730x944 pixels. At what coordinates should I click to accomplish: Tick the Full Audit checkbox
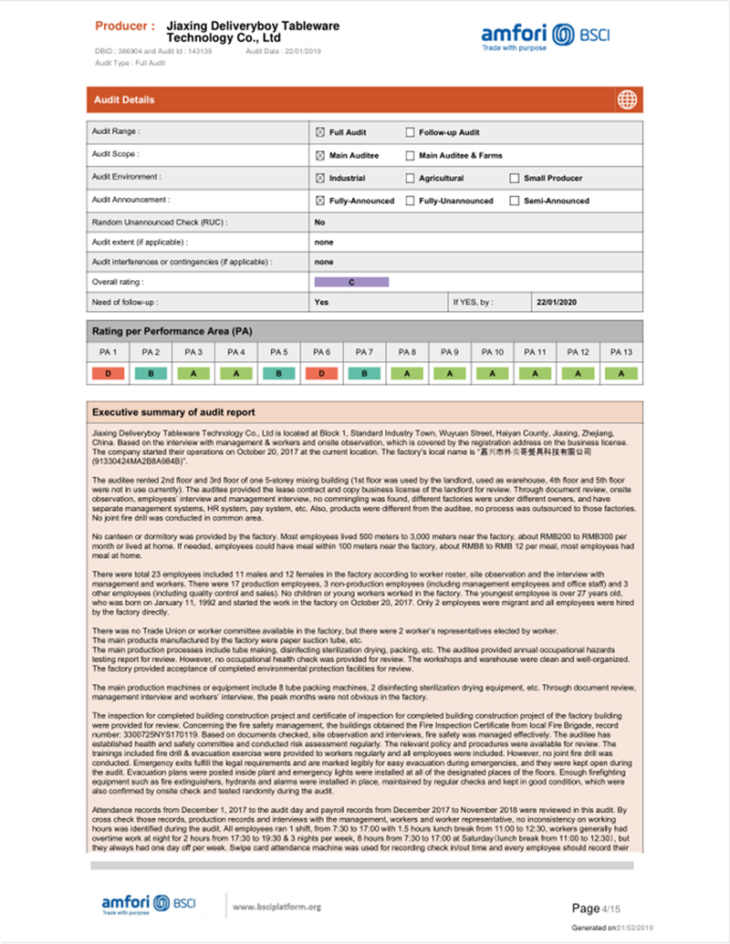pyautogui.click(x=320, y=132)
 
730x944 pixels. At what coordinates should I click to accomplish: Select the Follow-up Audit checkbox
pyautogui.click(x=410, y=132)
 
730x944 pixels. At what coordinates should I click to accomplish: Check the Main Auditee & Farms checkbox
pyautogui.click(x=410, y=155)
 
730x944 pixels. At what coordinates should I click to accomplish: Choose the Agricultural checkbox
pyautogui.click(x=410, y=178)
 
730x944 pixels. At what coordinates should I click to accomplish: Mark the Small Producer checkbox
pyautogui.click(x=515, y=178)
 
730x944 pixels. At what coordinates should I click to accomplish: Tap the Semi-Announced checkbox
pyautogui.click(x=515, y=201)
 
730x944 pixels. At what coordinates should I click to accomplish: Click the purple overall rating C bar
pyautogui.click(x=351, y=282)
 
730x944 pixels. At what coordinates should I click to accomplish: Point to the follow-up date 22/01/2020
pyautogui.click(x=557, y=302)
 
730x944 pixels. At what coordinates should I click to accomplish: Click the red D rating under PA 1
pyautogui.click(x=108, y=373)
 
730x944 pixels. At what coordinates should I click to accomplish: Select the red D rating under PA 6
pyautogui.click(x=321, y=373)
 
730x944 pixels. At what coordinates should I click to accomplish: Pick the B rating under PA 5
pyautogui.click(x=278, y=373)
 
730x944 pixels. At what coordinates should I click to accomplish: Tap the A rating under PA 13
pyautogui.click(x=621, y=373)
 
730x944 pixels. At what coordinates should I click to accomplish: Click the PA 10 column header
pyautogui.click(x=493, y=351)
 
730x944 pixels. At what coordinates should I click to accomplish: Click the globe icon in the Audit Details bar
pyautogui.click(x=626, y=99)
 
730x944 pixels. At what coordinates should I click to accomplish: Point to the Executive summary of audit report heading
pyautogui.click(x=173, y=412)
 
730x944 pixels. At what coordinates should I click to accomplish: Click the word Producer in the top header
pyautogui.click(x=124, y=26)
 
